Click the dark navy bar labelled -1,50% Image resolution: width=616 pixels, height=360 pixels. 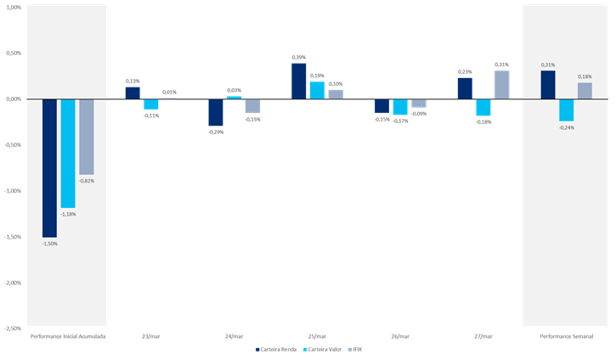tap(50, 167)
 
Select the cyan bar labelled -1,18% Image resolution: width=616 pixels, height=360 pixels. tap(69, 153)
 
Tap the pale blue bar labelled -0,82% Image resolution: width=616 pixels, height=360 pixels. tap(87, 136)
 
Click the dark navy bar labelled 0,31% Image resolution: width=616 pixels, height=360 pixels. tap(548, 85)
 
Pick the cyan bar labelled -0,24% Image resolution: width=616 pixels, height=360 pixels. tap(567, 110)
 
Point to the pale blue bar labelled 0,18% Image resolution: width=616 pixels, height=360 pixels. tap(585, 90)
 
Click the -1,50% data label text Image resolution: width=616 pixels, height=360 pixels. tap(50, 244)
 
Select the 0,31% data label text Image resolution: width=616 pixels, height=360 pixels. tap(548, 65)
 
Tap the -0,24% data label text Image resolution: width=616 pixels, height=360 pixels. tap(567, 127)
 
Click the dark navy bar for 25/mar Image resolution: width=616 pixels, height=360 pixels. tap(299, 81)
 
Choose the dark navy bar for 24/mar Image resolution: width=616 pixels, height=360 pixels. tap(216, 112)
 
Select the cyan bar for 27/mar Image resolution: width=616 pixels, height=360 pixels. tap(483, 107)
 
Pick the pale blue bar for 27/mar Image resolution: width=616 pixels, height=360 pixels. tap(502, 85)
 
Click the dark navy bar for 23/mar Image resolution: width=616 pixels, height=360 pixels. tap(133, 93)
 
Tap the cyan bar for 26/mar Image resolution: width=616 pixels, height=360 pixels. tap(399, 107)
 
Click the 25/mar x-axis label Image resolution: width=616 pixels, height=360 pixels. tap(317, 336)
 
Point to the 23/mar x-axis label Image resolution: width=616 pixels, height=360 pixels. tap(150, 336)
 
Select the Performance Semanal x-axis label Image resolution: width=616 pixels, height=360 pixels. tap(567, 336)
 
